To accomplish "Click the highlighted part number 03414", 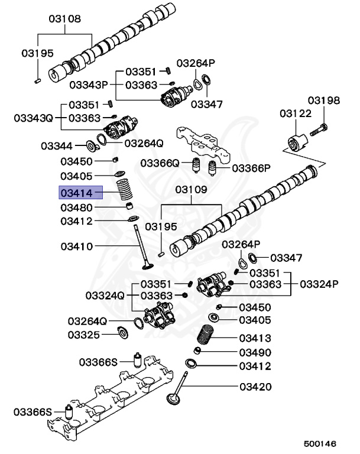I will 80,193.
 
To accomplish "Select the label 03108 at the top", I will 64,18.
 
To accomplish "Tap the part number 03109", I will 190,190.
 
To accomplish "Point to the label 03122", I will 295,112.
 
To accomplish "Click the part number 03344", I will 57,145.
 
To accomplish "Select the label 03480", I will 76,208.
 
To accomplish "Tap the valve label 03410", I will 76,246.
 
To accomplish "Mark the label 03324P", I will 319,284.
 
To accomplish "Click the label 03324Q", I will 105,295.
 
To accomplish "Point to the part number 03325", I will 84,335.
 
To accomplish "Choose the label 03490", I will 255,352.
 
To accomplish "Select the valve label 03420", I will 255,388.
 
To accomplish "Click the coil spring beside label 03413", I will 206,336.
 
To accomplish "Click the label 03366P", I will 251,168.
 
